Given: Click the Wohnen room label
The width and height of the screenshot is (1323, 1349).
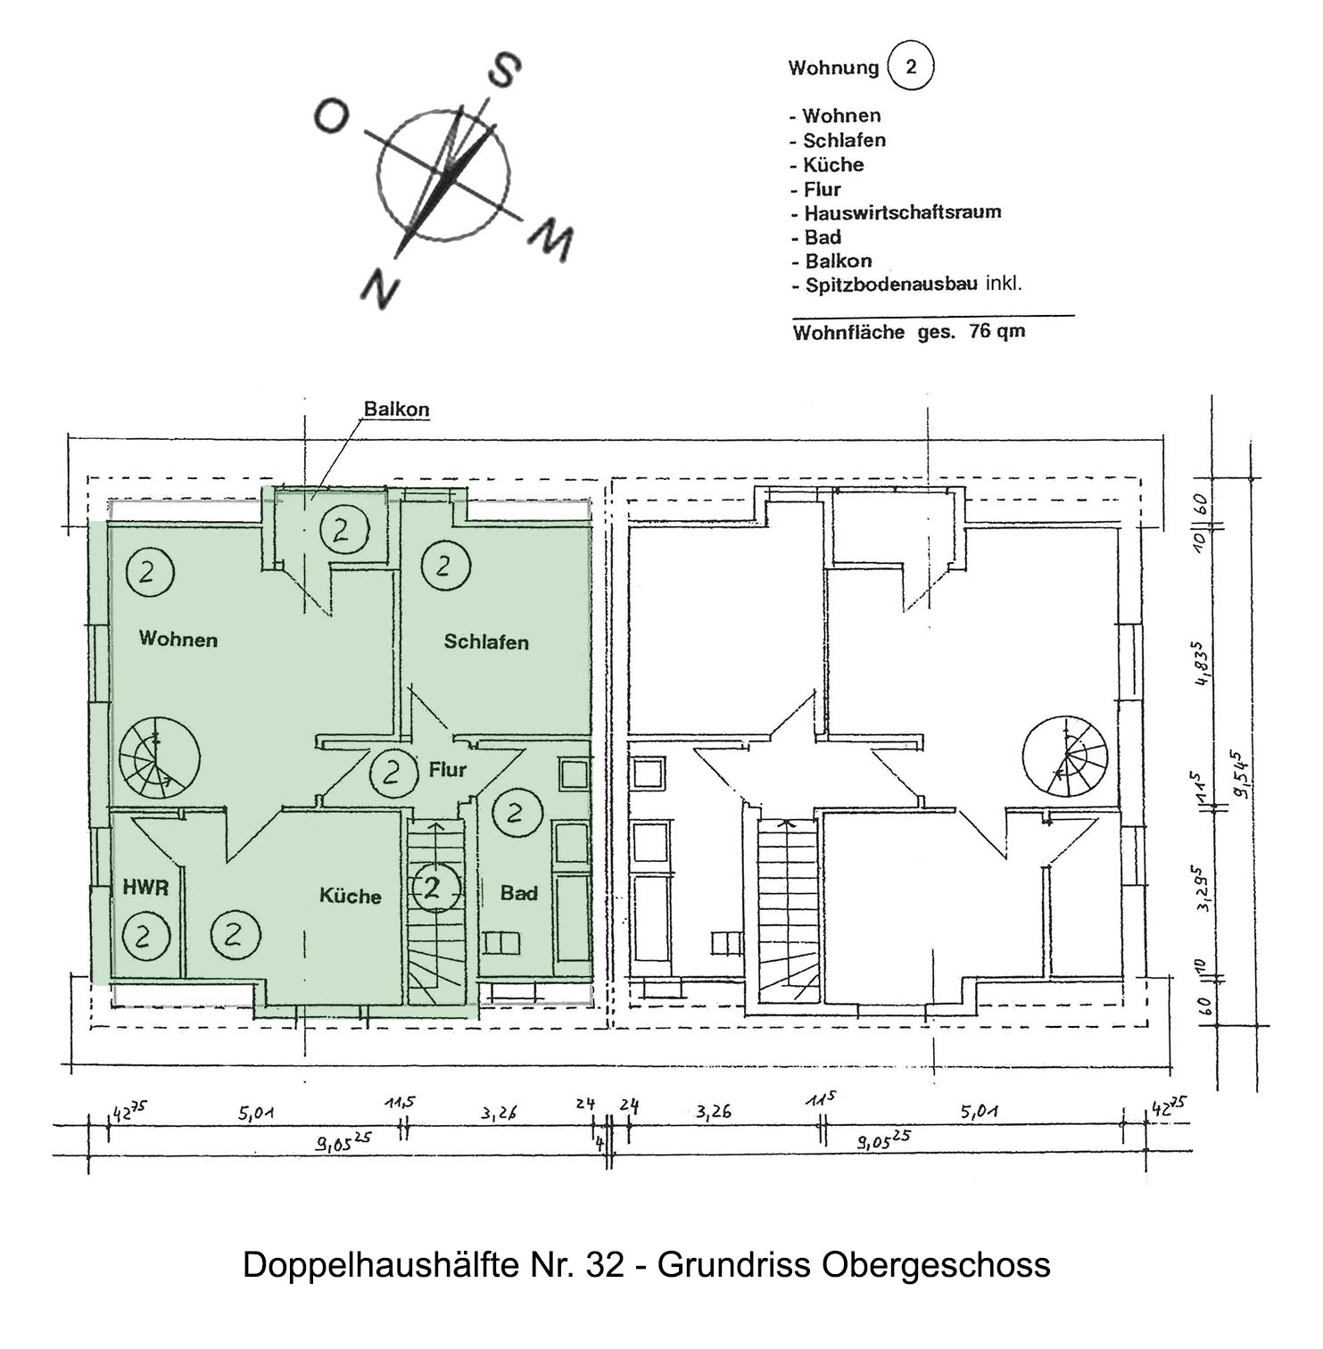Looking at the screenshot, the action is (x=178, y=639).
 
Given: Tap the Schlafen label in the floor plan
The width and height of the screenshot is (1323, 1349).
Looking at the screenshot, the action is (x=486, y=641).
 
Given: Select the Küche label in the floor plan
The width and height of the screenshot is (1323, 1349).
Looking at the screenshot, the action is (x=351, y=896).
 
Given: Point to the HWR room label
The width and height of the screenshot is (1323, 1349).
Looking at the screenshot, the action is (x=145, y=888).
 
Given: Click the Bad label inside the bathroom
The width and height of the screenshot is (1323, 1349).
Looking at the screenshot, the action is (x=519, y=893).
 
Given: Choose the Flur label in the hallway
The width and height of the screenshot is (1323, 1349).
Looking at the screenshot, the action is (x=448, y=769).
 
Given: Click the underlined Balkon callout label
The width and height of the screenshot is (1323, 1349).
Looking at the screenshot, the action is (x=397, y=410).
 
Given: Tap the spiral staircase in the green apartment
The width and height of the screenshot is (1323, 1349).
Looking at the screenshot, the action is (x=159, y=757).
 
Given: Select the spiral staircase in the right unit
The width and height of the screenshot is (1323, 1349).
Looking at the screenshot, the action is (x=1065, y=757).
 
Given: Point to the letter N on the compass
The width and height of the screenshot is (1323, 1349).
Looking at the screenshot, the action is (x=380, y=287).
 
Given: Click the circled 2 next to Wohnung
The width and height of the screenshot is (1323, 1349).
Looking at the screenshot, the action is (x=911, y=68).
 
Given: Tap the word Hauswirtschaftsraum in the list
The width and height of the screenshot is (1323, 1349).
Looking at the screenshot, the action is (x=903, y=212).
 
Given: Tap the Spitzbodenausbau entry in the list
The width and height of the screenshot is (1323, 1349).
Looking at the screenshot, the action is (x=891, y=286).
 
